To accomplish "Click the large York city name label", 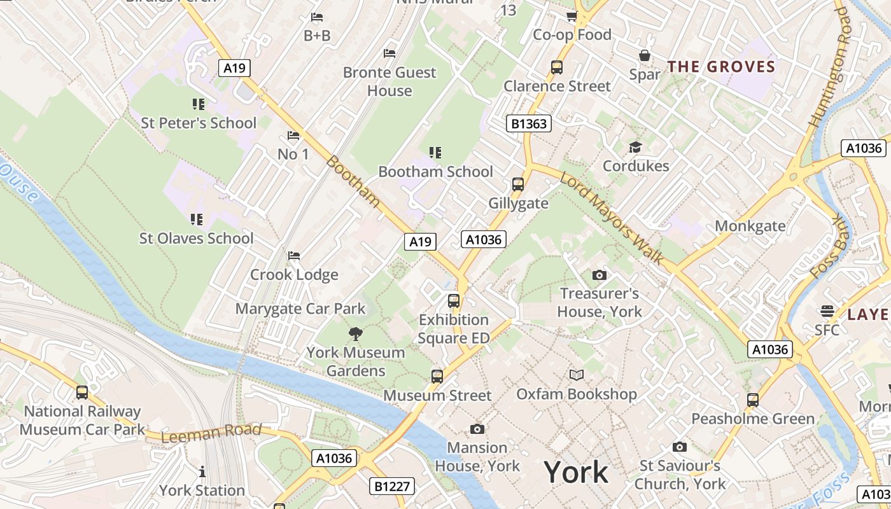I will tap(576, 473).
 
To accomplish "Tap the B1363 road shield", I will tap(529, 123).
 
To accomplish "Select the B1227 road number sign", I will tap(392, 487).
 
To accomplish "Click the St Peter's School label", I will tap(198, 123).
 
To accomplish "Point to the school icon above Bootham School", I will tap(435, 153).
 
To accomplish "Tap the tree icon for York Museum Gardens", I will tap(355, 333).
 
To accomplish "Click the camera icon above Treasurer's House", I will tap(599, 275).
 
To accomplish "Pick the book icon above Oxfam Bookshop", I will tap(577, 375).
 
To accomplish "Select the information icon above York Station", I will tap(202, 471).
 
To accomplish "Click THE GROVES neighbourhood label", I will tap(721, 67).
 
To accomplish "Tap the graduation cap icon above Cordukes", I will tap(635, 148).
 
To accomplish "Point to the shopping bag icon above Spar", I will tap(645, 55).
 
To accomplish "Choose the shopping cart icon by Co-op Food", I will tap(572, 16).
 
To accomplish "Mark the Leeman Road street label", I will tap(211, 433).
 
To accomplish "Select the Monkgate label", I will tap(750, 226).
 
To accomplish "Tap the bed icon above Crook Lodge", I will tap(293, 256).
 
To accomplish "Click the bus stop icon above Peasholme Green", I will tap(753, 400).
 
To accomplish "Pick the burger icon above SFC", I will tap(827, 311).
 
